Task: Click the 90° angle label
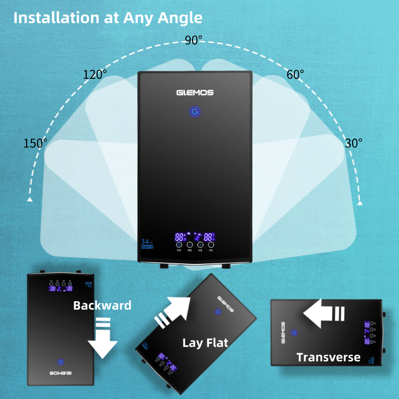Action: pos(194,40)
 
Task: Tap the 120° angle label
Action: pos(95,75)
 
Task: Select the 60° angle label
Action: pos(295,75)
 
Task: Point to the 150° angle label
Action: pos(35,143)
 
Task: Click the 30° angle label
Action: pos(354,143)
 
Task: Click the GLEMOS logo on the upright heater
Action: pos(195,92)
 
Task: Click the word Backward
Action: pos(102,305)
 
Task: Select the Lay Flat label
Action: pos(205,343)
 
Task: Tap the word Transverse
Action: pos(328,357)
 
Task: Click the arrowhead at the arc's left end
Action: pos(30,199)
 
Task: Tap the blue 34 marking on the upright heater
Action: pos(146,242)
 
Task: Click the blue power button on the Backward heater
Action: pos(60,362)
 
